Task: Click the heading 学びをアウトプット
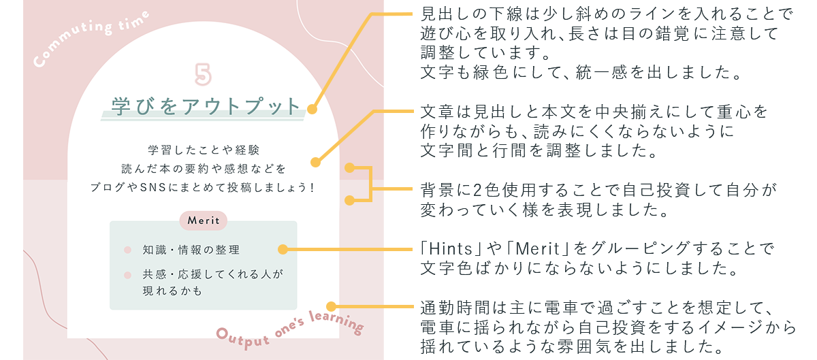pos(206,106)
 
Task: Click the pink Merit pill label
pos(203,220)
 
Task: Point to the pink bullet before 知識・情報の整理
pos(127,250)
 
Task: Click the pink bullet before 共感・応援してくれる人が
pos(127,275)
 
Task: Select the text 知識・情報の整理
pos(191,250)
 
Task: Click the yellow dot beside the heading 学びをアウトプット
pos(312,109)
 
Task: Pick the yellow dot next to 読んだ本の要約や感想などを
pos(315,162)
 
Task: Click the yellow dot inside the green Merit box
pos(283,249)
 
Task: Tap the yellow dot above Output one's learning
pos(330,306)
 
